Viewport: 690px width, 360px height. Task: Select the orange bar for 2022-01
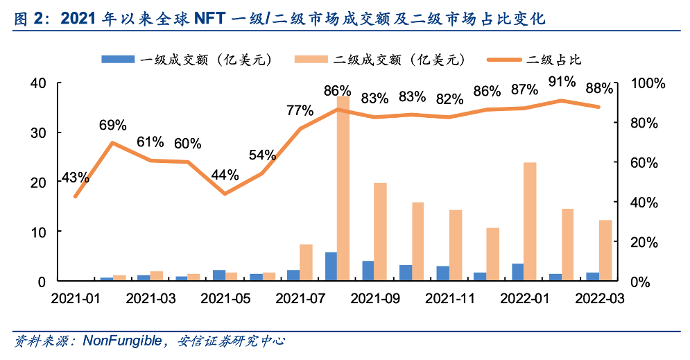coord(531,221)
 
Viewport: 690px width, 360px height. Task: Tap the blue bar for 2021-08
coord(331,266)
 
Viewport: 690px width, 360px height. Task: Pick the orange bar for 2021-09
coord(380,232)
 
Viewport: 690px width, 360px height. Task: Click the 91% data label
coord(562,82)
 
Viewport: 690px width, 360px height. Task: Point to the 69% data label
coord(112,126)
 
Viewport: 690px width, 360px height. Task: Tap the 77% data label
coord(300,110)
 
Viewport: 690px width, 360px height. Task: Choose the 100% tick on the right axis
coord(650,83)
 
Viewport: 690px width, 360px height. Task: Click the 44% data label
coord(225,175)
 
